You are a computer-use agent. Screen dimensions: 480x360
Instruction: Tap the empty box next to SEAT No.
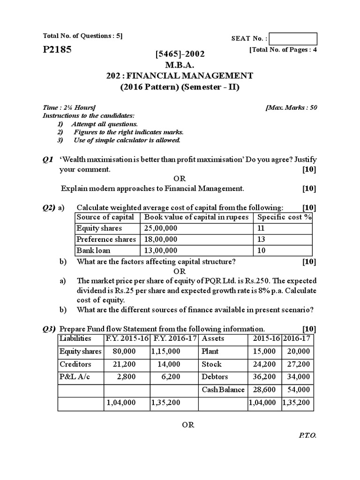coord(293,39)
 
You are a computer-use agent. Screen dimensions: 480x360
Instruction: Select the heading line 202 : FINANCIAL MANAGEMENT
coord(180,76)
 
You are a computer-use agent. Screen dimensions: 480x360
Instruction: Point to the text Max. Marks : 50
coord(291,107)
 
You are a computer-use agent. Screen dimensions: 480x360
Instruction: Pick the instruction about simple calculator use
coord(127,140)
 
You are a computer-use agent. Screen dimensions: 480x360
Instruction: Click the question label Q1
coord(48,160)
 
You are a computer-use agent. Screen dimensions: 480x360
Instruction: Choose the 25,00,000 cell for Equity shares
coord(161,228)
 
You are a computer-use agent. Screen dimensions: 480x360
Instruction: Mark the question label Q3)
coord(49,329)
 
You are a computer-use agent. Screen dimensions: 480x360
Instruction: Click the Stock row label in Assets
coord(211,364)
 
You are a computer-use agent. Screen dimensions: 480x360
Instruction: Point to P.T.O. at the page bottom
coord(307,435)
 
